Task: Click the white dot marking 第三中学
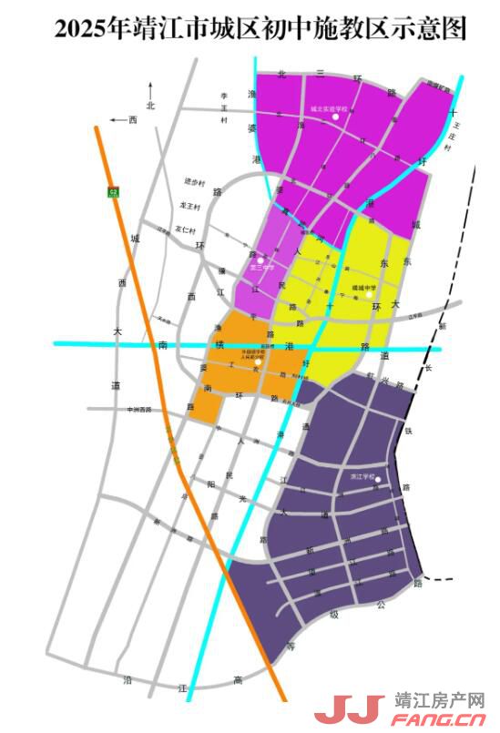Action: click(x=260, y=260)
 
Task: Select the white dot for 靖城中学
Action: click(x=369, y=294)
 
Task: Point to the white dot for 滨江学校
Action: click(x=378, y=480)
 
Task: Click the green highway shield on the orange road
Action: click(x=113, y=191)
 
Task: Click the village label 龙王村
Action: click(x=189, y=207)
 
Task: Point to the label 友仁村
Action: click(x=186, y=229)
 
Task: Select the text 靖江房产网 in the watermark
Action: click(x=439, y=701)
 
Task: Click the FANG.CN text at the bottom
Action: click(x=439, y=721)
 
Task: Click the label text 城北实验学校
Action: click(x=329, y=107)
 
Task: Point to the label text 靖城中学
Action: click(x=364, y=286)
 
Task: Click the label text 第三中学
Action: click(x=261, y=269)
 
